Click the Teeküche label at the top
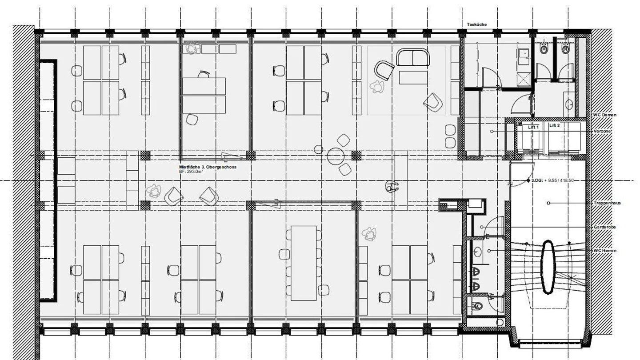(x=476, y=24)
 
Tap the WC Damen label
(x=604, y=115)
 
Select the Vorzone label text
(x=603, y=132)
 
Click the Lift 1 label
(x=533, y=127)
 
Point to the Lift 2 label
(x=554, y=126)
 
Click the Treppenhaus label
(x=607, y=203)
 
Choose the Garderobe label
(x=604, y=227)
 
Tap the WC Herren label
(x=605, y=251)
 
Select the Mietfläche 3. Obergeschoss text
(x=208, y=167)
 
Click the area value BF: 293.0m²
(x=191, y=172)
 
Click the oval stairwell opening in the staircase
(x=548, y=267)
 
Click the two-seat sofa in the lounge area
(x=413, y=57)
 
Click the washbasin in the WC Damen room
(x=569, y=105)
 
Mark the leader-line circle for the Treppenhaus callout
(x=548, y=203)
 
